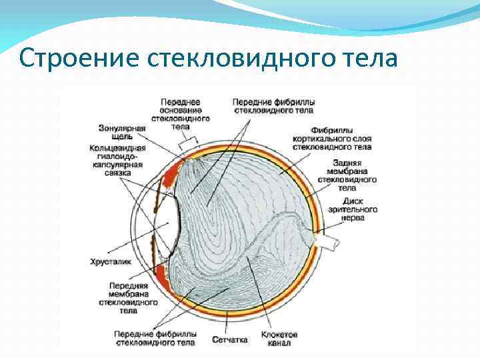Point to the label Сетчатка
click(230, 339)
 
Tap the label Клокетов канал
click(279, 338)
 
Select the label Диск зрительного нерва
click(352, 209)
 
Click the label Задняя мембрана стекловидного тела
click(347, 175)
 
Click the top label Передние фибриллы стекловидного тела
click(273, 106)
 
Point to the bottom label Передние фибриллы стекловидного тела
click(155, 338)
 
